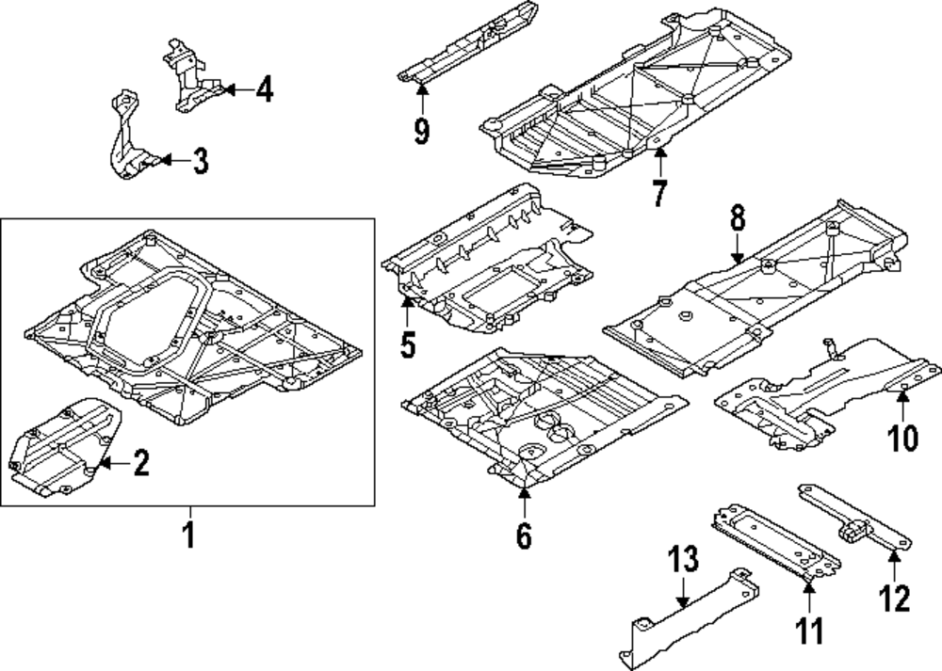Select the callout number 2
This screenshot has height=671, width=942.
(140, 463)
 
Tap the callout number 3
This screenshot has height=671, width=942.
(199, 161)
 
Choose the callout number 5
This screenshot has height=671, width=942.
(407, 344)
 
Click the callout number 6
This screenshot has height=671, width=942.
(524, 535)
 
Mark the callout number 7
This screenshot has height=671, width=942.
(658, 193)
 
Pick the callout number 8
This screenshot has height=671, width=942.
(737, 219)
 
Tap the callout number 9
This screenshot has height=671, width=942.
(421, 131)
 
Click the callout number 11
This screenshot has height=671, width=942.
(809, 630)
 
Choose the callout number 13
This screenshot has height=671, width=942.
(683, 560)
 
